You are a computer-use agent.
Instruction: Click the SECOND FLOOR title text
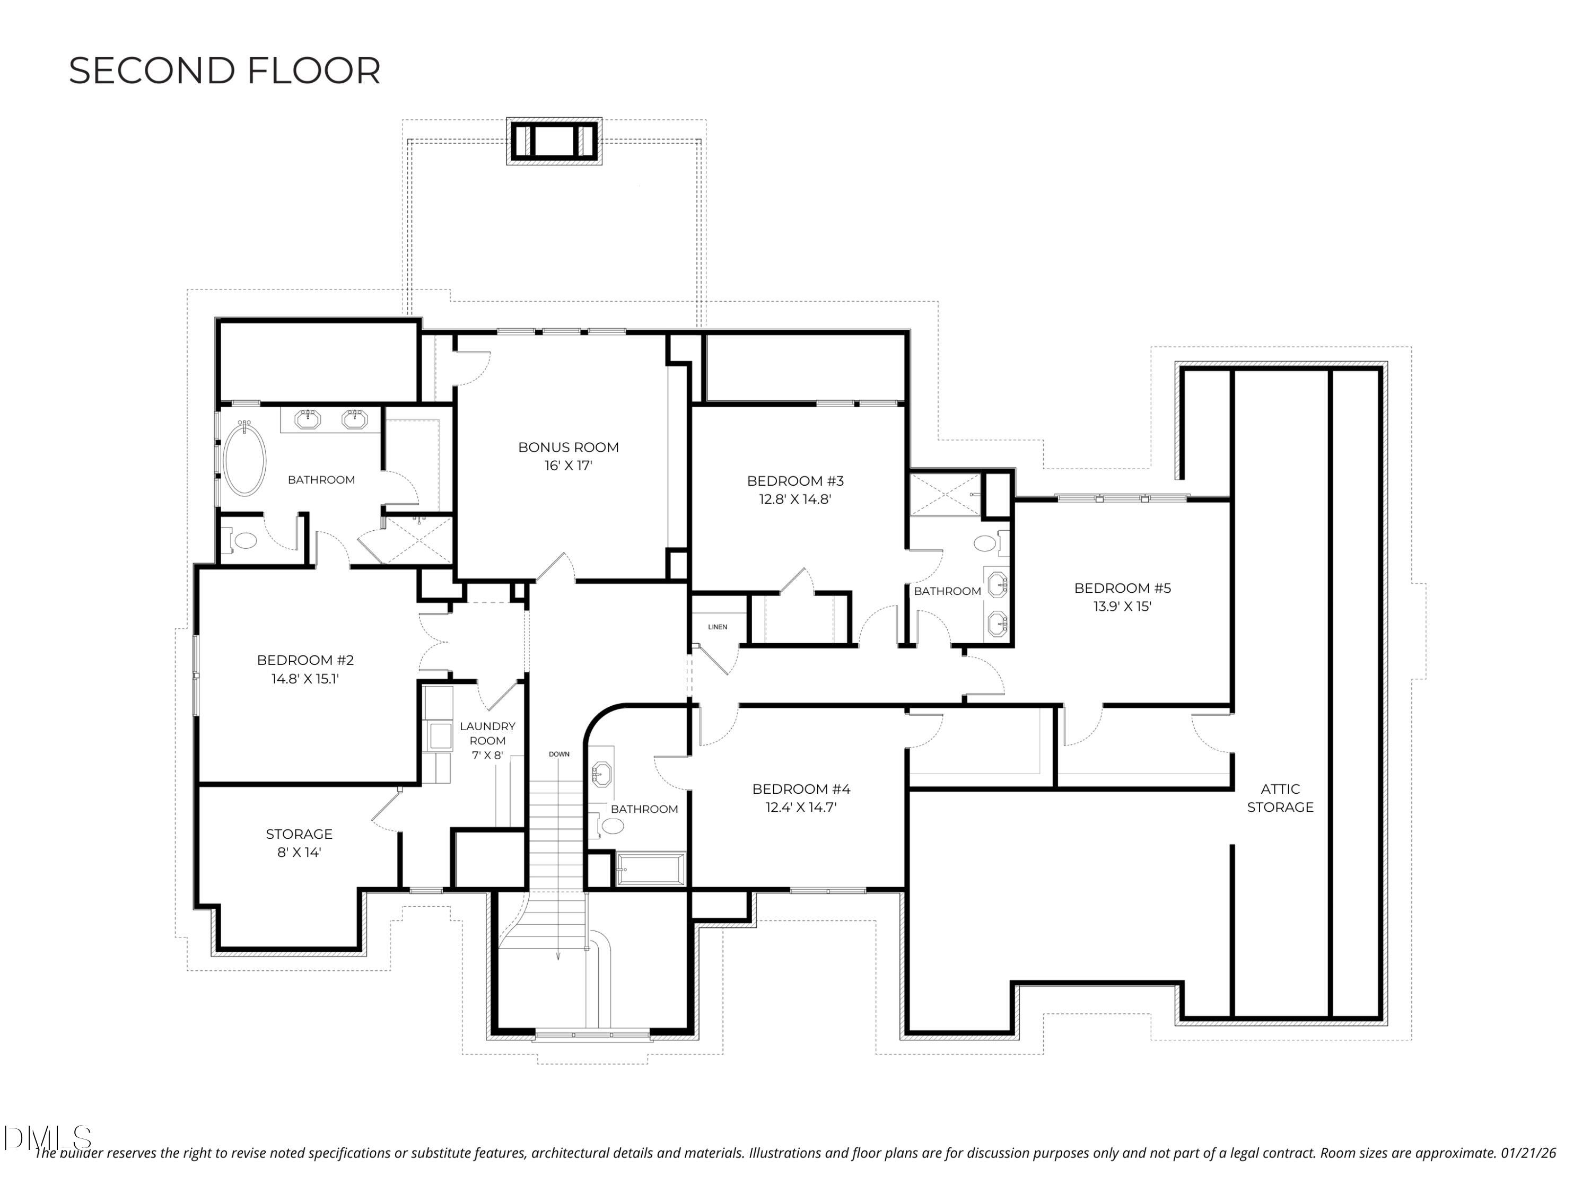pyautogui.click(x=224, y=71)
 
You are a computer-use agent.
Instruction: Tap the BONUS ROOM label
pyautogui.click(x=568, y=448)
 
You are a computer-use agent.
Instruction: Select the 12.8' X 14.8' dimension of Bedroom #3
pyautogui.click(x=795, y=499)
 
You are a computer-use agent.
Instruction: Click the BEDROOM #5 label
pyautogui.click(x=1122, y=588)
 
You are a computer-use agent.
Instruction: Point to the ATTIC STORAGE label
pyautogui.click(x=1280, y=798)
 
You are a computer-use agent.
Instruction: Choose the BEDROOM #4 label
pyautogui.click(x=800, y=789)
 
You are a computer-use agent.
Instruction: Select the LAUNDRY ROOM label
pyautogui.click(x=487, y=733)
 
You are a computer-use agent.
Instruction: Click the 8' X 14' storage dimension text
pyautogui.click(x=299, y=852)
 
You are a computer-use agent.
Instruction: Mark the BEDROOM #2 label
pyautogui.click(x=305, y=660)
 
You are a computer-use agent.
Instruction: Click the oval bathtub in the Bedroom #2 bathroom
pyautogui.click(x=244, y=459)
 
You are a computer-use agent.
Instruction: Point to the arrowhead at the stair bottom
pyautogui.click(x=557, y=957)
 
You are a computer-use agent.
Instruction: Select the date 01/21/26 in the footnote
pyautogui.click(x=1528, y=1153)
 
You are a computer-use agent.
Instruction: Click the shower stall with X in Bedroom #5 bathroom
pyautogui.click(x=945, y=494)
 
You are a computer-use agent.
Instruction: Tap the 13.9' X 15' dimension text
pyautogui.click(x=1122, y=606)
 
